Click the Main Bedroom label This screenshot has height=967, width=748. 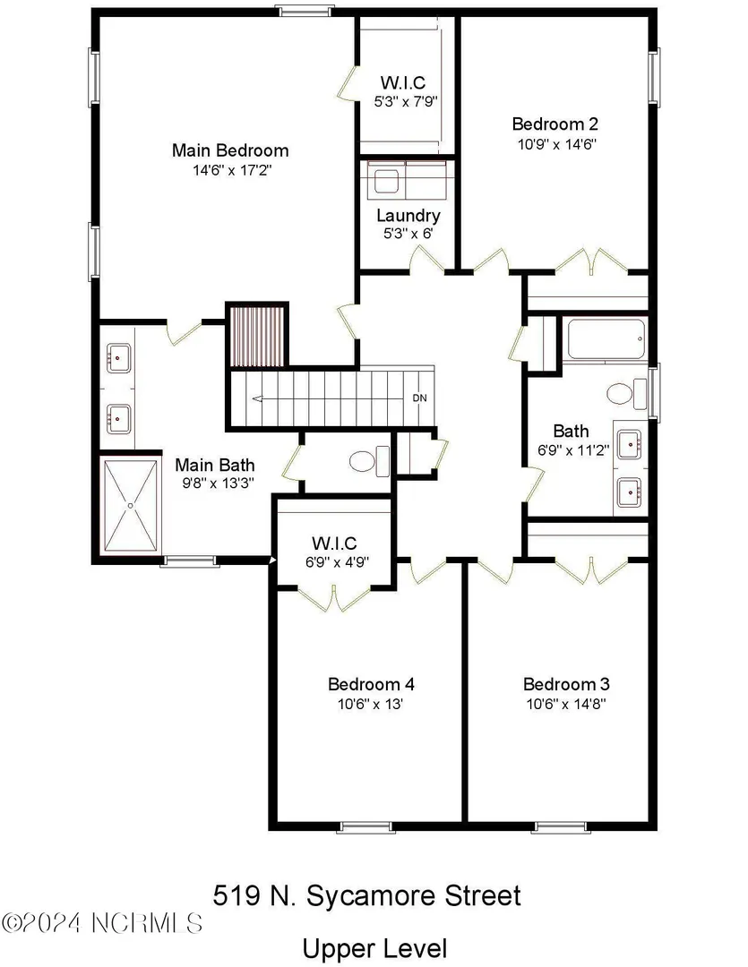click(x=230, y=150)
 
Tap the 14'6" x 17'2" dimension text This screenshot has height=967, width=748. click(x=232, y=170)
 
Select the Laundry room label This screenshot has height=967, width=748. click(x=408, y=216)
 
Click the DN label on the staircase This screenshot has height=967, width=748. click(x=419, y=398)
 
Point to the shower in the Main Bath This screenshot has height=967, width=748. click(x=130, y=505)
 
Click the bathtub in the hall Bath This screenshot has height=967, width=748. click(x=606, y=338)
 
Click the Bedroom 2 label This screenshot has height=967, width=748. click(x=555, y=124)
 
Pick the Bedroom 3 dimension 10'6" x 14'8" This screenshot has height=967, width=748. click(x=566, y=704)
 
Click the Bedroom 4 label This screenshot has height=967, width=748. click(x=371, y=684)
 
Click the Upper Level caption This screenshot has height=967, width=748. click(x=374, y=948)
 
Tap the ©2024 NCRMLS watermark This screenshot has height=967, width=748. click(x=102, y=923)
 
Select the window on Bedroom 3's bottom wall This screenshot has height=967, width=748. click(x=561, y=827)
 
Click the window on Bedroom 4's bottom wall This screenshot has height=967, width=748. click(x=366, y=827)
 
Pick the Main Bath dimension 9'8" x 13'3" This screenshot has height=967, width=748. click(x=218, y=483)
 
